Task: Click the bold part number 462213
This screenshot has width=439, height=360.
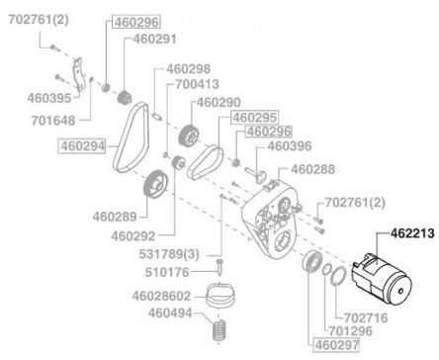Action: pyautogui.click(x=412, y=233)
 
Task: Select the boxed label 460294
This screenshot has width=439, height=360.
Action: pyautogui.click(x=83, y=146)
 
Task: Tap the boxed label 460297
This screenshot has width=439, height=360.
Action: pyautogui.click(x=336, y=345)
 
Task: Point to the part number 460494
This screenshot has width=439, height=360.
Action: pyautogui.click(x=170, y=313)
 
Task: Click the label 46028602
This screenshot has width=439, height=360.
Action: pyautogui.click(x=161, y=296)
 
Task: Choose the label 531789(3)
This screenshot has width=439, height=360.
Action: pyautogui.click(x=169, y=254)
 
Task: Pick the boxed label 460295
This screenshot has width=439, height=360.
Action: pyautogui.click(x=255, y=118)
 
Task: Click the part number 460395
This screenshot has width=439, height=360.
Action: pyautogui.click(x=49, y=98)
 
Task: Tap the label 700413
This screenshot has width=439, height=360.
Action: pyautogui.click(x=197, y=84)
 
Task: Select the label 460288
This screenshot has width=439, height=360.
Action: pyautogui.click(x=312, y=169)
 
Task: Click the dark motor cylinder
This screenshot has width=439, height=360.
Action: pyautogui.click(x=381, y=280)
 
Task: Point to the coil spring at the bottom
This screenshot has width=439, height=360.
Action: pyautogui.click(x=219, y=329)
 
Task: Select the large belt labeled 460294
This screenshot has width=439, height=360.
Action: pyautogui.click(x=132, y=136)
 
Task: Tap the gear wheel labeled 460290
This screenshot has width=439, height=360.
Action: pyautogui.click(x=189, y=135)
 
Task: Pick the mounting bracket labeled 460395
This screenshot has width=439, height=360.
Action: pyautogui.click(x=78, y=75)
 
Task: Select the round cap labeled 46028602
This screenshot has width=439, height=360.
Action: pyautogui.click(x=219, y=294)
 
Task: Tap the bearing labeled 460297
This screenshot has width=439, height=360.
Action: pyautogui.click(x=312, y=261)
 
